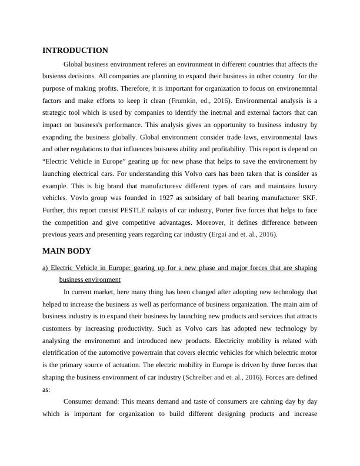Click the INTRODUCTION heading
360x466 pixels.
[x=75, y=51]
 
